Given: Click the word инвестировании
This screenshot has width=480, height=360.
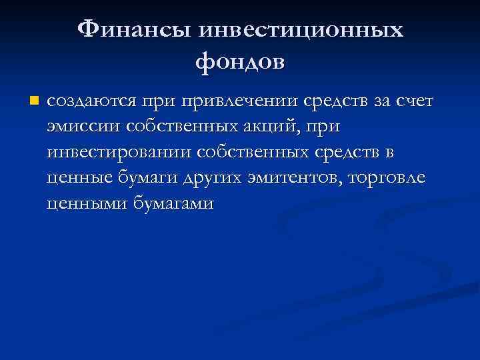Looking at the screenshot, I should click(119, 153).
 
